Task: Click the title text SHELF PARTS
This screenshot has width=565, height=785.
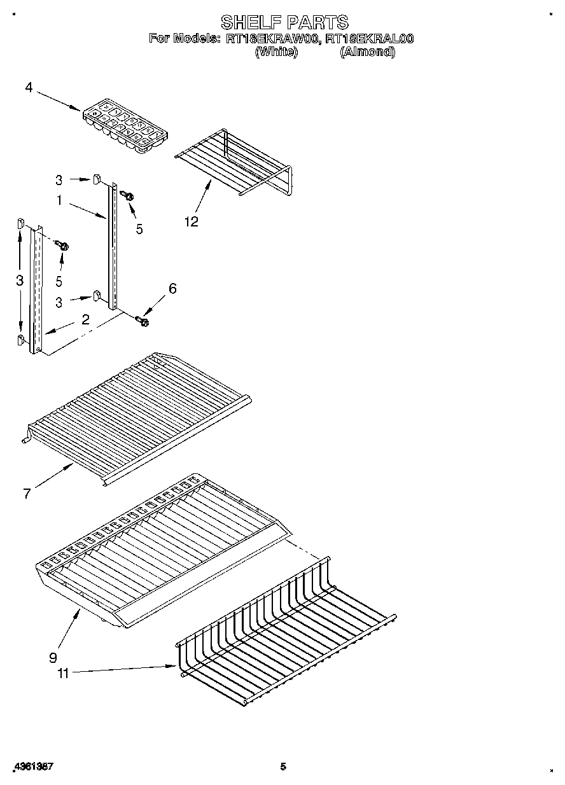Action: [284, 22]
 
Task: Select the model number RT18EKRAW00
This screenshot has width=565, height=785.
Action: [272, 39]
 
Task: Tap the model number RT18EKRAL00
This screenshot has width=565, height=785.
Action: [369, 39]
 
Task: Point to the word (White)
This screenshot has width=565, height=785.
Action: [276, 53]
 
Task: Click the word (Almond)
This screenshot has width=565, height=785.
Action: [367, 53]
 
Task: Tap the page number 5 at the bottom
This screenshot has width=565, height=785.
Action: [283, 767]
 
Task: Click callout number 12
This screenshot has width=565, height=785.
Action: [191, 221]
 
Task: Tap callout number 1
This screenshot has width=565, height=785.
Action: [59, 200]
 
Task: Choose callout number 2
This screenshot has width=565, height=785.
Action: [85, 320]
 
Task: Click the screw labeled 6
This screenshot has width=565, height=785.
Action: [142, 322]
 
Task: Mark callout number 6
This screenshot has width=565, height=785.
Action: [172, 288]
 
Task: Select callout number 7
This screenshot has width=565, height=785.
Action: [27, 494]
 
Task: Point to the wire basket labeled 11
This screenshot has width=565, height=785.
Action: [286, 636]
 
